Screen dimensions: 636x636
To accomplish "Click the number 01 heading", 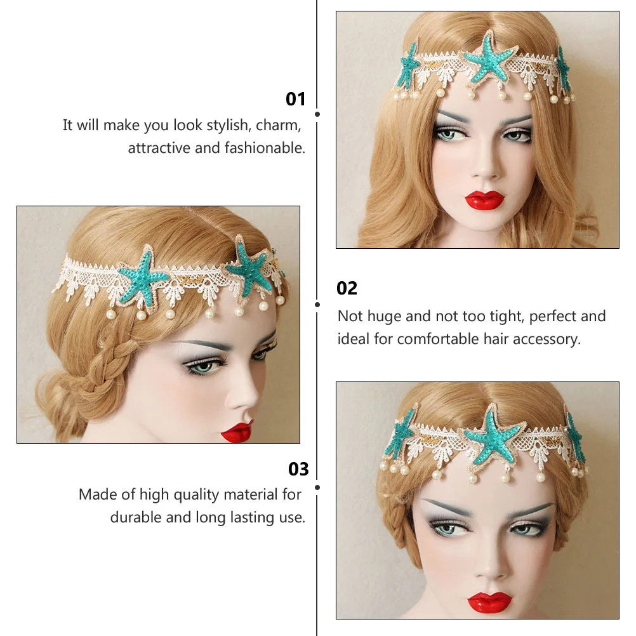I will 296,99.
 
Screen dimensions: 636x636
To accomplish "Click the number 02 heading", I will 347,288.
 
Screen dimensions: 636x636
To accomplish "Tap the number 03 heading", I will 298,469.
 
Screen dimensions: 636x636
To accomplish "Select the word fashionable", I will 265,148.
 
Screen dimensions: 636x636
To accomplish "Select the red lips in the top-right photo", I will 484,200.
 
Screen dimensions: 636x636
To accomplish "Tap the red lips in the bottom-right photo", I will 489,601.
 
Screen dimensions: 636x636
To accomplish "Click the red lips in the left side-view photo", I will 238,432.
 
